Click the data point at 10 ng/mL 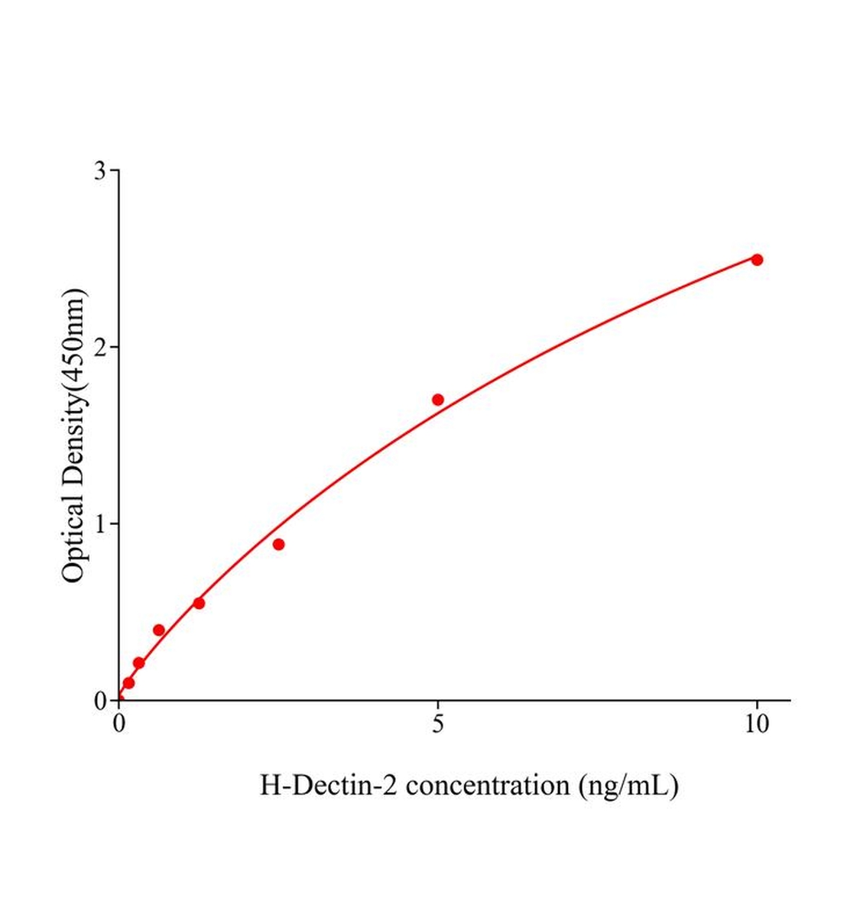point(757,260)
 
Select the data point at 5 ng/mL point(438,400)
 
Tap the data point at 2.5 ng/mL point(278,544)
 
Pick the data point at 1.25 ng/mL point(199,603)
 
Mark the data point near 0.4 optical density point(159,630)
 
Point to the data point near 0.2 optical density point(138,663)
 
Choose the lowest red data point point(128,682)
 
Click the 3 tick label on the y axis point(100,170)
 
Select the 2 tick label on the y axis point(100,348)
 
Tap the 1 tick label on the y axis point(100,524)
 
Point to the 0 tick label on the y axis point(100,701)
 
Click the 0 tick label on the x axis point(119,724)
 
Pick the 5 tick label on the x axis point(438,724)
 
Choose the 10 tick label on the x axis point(757,724)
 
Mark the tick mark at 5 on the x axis point(438,705)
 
